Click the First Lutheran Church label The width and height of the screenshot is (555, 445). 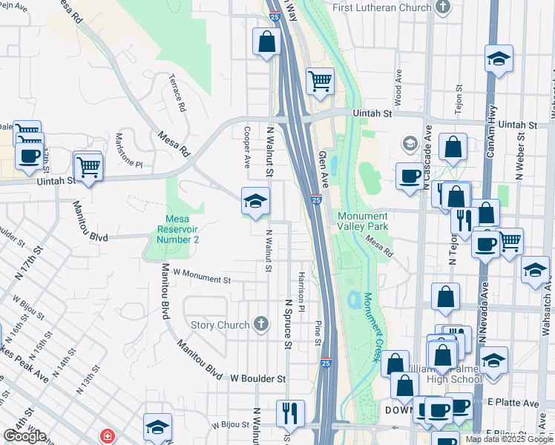[x=381, y=7]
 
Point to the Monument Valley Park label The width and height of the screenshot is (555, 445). [x=363, y=220]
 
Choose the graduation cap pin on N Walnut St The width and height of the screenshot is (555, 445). [x=254, y=201]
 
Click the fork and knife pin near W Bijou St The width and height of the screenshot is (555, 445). [x=290, y=412]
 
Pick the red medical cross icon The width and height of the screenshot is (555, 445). [x=108, y=435]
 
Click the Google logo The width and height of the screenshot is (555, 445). [x=24, y=436]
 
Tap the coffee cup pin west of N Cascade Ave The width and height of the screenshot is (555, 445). [x=409, y=177]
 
